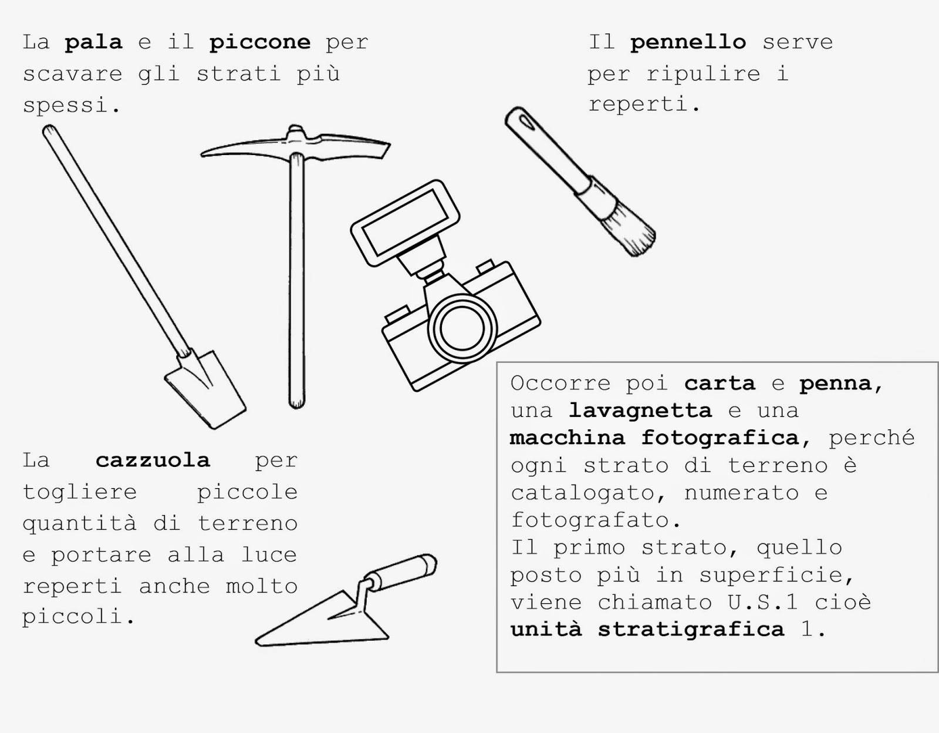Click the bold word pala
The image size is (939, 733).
93,43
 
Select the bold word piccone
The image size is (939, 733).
259,43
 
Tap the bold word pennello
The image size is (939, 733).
688,43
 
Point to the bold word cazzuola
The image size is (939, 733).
153,460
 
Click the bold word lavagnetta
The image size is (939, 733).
640,411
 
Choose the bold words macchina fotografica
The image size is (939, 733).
654,438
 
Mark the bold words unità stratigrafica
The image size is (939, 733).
647,630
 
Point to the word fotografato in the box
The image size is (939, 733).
589,520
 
